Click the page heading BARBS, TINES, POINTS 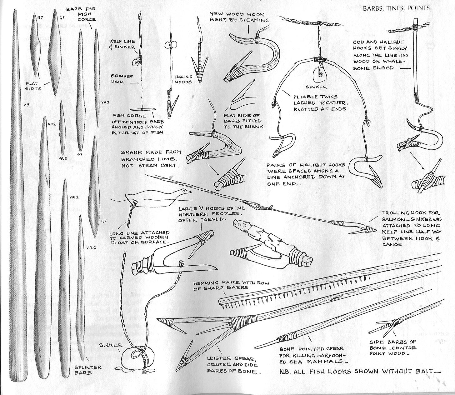(x=396, y=8)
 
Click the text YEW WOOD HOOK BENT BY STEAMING (x=239, y=17)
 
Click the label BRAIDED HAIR (x=122, y=79)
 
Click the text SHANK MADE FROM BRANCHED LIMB (x=151, y=158)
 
